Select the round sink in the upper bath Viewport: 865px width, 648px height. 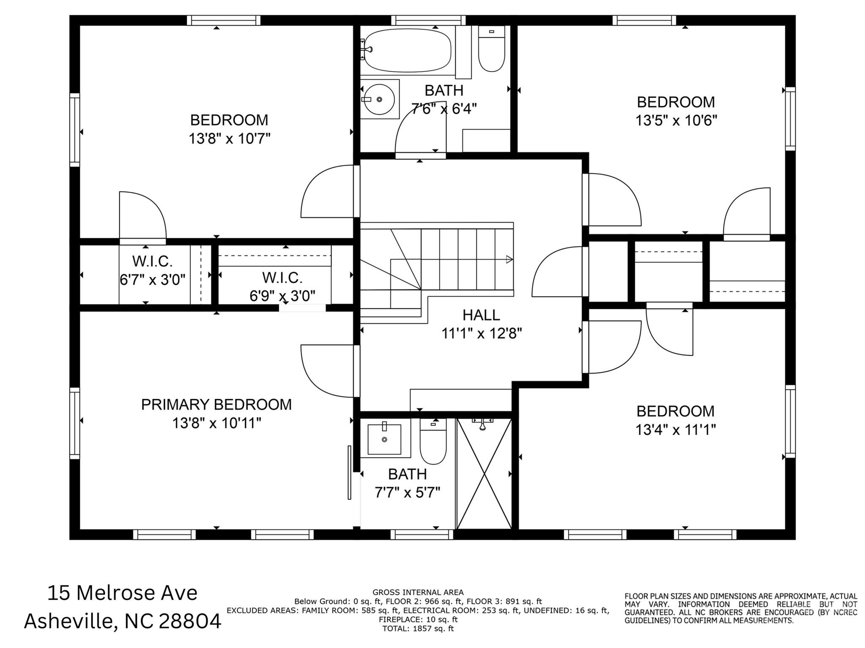[x=379, y=99]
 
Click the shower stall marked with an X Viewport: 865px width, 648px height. [x=484, y=473]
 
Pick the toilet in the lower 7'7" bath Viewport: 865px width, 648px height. [x=433, y=442]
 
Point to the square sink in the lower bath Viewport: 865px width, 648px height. [x=384, y=440]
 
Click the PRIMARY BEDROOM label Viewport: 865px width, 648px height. [x=216, y=404]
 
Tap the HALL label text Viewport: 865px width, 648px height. [x=481, y=315]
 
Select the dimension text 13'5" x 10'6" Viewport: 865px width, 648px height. [x=676, y=121]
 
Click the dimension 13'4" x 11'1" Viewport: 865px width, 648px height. [x=676, y=430]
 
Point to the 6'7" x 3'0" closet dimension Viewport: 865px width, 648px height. [x=152, y=280]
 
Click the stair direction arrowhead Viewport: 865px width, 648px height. [x=509, y=259]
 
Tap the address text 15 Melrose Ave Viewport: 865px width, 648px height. [x=122, y=593]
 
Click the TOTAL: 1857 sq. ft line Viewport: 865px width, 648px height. [x=418, y=628]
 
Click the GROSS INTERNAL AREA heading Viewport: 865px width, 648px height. [x=418, y=592]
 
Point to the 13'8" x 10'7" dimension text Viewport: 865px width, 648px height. [x=229, y=139]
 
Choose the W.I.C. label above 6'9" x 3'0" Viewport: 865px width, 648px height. [x=282, y=278]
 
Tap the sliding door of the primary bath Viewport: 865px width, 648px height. [x=349, y=472]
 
